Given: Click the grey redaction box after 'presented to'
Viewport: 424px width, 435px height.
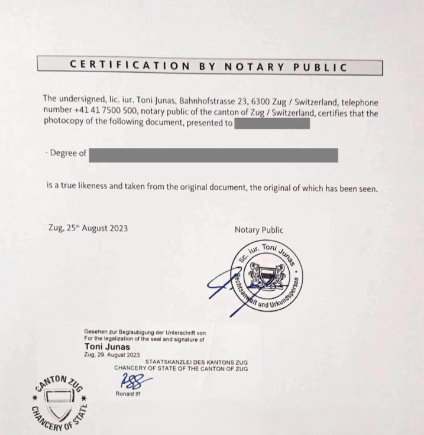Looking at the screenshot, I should point(272,124).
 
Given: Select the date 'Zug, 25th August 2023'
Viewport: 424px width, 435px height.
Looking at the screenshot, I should point(88,228).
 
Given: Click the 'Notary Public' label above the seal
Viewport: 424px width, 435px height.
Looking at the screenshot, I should point(258,229).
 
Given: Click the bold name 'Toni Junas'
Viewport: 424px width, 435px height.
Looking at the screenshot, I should point(107,347).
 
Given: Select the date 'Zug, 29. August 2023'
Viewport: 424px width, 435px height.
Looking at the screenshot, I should point(112,355).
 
